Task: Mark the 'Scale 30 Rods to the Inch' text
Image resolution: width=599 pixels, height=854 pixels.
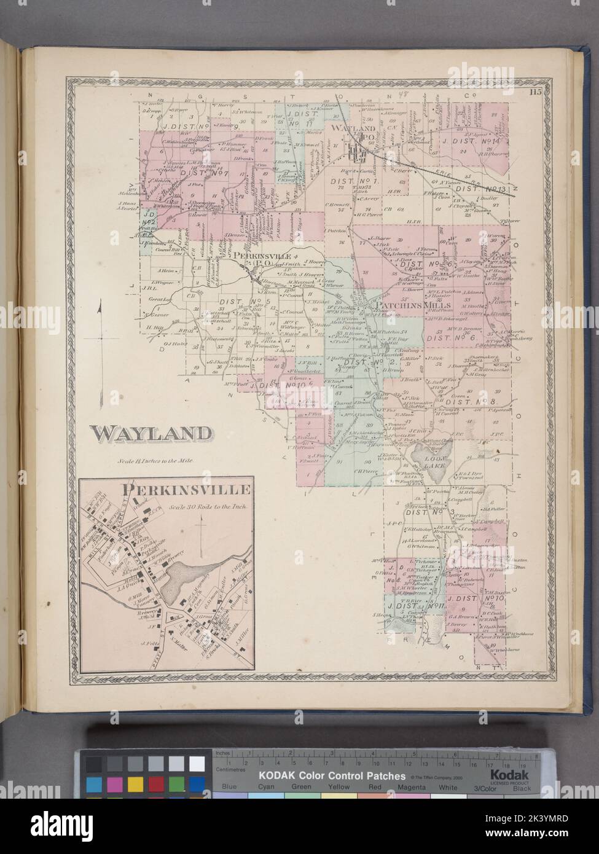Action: pos(208,507)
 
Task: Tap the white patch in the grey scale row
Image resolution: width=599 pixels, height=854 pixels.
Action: pos(197,764)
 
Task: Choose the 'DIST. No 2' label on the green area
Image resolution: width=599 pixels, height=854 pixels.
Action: pos(363,362)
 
